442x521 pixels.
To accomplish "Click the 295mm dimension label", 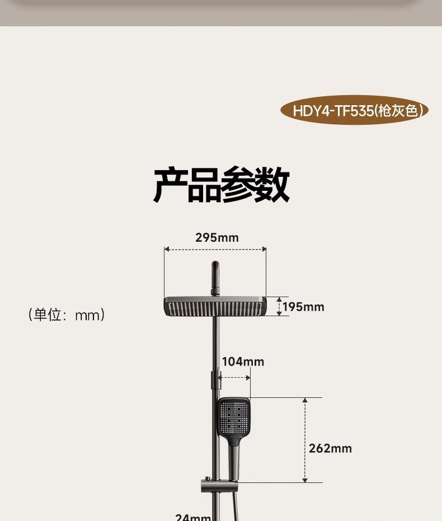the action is click(x=217, y=237).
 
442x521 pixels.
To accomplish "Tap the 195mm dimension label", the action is click(x=303, y=307).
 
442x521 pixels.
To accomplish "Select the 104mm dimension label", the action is click(x=243, y=362).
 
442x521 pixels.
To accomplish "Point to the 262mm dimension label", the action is click(x=330, y=448).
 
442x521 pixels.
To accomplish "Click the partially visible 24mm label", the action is click(x=193, y=517).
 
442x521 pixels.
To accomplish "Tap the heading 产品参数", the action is click(x=221, y=185).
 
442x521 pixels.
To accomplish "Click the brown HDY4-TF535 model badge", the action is click(x=353, y=110).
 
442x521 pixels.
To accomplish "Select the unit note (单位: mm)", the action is click(x=67, y=315).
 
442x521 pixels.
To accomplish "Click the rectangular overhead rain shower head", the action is click(x=215, y=306).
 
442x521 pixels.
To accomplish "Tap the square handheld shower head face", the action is click(x=234, y=417).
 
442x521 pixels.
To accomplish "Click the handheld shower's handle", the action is click(x=233, y=456).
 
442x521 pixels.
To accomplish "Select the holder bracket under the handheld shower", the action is click(x=216, y=485).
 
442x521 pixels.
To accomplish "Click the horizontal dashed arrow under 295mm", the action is click(x=215, y=250).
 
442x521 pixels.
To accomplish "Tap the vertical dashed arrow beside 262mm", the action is click(x=305, y=440).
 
